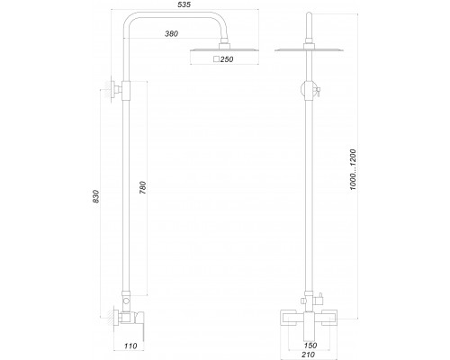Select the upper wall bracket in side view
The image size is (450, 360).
114,88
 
